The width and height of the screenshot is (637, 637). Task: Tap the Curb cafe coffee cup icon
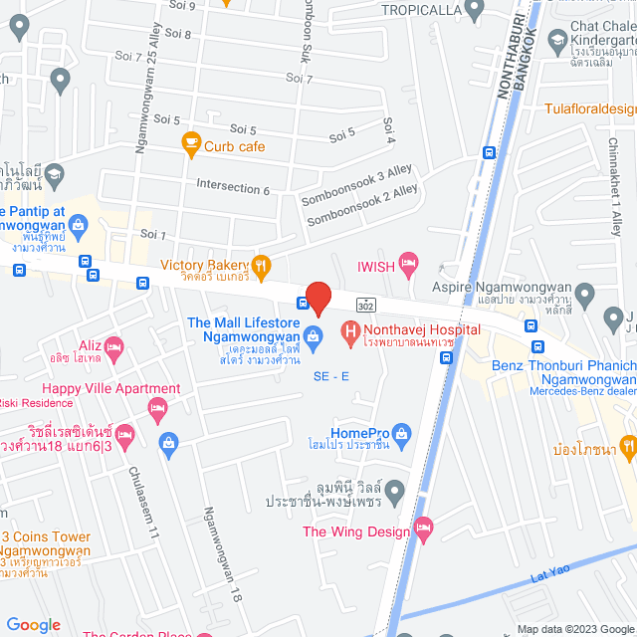tap(190, 145)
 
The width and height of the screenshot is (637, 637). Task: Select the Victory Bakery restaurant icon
tap(261, 265)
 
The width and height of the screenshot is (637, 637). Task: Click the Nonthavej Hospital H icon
tap(350, 329)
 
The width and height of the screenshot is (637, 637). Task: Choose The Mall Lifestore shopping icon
tap(314, 337)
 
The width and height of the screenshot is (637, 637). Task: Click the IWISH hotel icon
tap(409, 266)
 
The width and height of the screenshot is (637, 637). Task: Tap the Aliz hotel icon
tap(113, 347)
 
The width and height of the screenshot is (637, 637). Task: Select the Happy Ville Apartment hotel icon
tap(156, 408)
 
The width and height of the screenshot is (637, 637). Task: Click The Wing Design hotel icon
tap(424, 531)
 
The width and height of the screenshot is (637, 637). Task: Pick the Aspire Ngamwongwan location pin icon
tap(584, 295)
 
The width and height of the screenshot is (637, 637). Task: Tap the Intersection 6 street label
tap(233, 188)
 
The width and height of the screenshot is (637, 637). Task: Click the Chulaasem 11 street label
tap(142, 503)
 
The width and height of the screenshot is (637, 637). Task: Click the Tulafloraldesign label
tap(589, 108)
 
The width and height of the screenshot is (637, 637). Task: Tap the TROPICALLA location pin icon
tap(474, 10)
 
